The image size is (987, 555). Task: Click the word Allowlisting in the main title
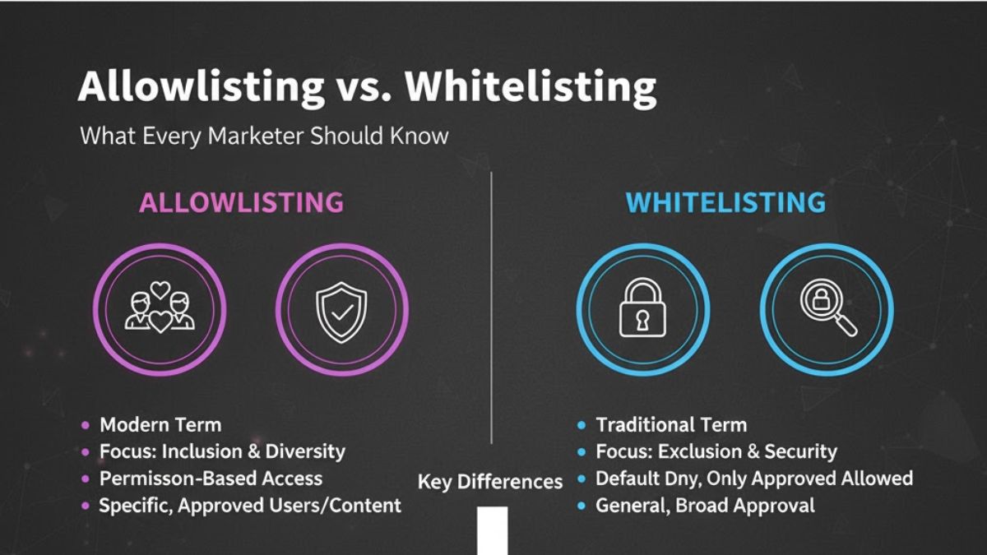[x=202, y=86]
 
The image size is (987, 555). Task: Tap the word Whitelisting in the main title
[x=531, y=86]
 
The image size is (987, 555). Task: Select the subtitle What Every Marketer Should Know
[x=264, y=136]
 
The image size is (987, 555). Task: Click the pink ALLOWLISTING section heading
[x=241, y=202]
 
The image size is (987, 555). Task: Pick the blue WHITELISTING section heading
[x=725, y=202]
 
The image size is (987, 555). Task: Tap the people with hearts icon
[x=160, y=308]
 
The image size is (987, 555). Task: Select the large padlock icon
[x=642, y=309]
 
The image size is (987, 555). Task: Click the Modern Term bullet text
[x=160, y=425]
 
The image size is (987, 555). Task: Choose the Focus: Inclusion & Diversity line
[x=222, y=451]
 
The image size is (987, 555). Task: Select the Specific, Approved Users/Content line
[x=250, y=506]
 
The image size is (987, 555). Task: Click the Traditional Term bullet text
[x=671, y=425]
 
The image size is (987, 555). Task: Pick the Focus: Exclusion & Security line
[x=716, y=451]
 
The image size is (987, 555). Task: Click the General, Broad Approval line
[x=705, y=506]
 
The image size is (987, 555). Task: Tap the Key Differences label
[x=490, y=482]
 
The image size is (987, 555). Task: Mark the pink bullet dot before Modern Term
[x=86, y=425]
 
